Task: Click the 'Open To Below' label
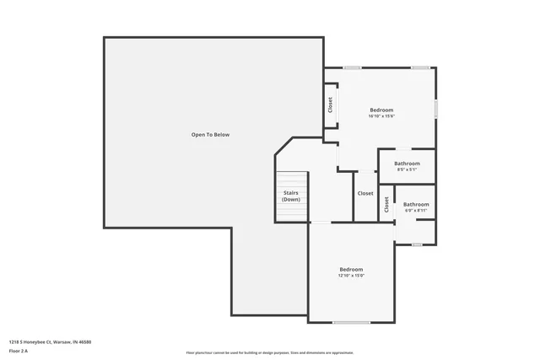coord(210,135)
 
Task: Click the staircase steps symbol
coord(292,196)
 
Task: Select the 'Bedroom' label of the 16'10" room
coord(381,110)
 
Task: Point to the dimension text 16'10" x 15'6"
coord(381,116)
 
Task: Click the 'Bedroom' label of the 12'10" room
coord(351,269)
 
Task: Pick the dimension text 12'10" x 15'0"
coord(351,276)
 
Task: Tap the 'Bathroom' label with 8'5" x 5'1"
coord(408,163)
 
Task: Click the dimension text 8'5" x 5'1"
coord(408,169)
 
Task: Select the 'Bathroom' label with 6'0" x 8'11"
coord(415,204)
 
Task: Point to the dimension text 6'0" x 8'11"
coord(415,210)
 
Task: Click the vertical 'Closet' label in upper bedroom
coord(331,105)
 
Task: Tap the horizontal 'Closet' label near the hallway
coord(365,193)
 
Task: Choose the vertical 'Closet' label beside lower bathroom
coord(386,204)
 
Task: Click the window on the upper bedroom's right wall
coord(436,109)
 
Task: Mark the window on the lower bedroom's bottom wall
coord(351,322)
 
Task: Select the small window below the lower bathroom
coord(417,244)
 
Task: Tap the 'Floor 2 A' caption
coord(19,351)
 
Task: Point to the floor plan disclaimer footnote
coord(270,352)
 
